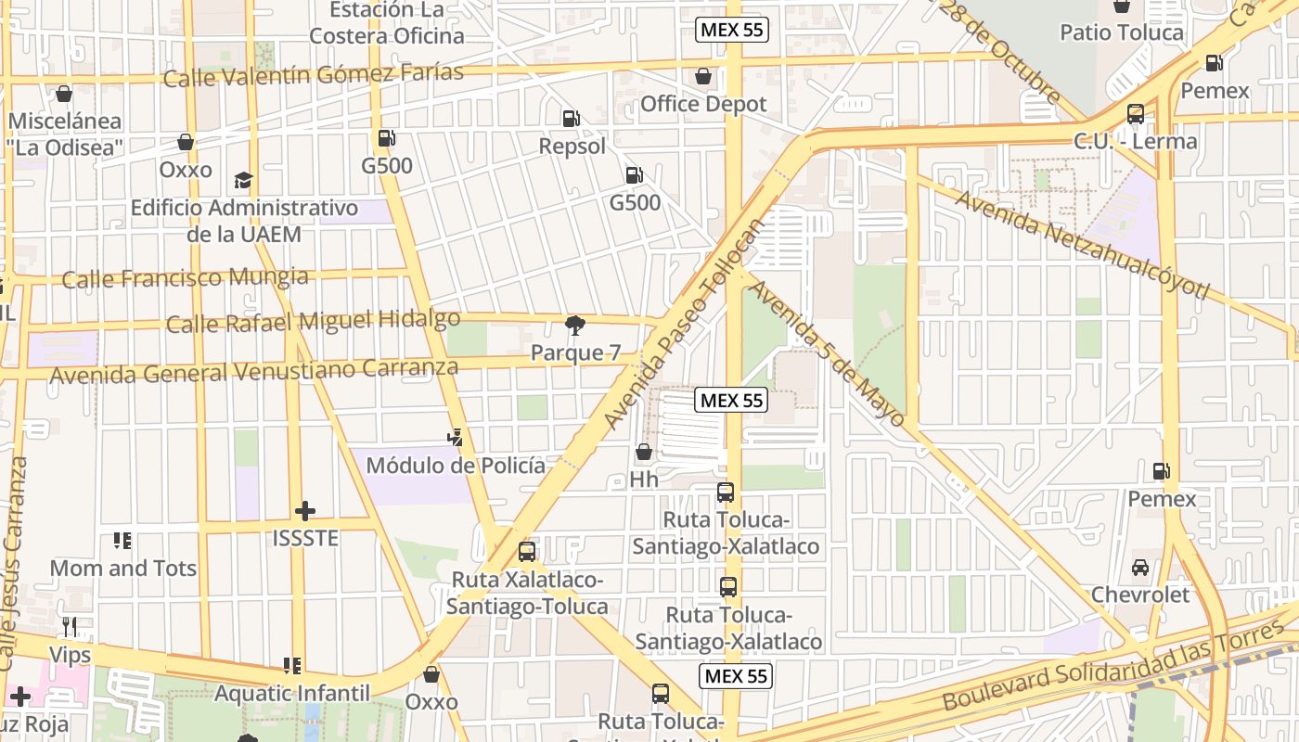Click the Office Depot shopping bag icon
pyautogui.click(x=703, y=75)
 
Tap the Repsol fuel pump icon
pyautogui.click(x=572, y=118)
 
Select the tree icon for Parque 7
pyautogui.click(x=575, y=325)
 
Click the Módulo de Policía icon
pyautogui.click(x=455, y=437)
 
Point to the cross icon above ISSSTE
pyautogui.click(x=305, y=511)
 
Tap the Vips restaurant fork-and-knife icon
pyautogui.click(x=70, y=628)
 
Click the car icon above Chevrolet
pyautogui.click(x=1140, y=567)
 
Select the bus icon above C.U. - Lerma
pyautogui.click(x=1136, y=114)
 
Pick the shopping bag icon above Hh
pyautogui.click(x=643, y=452)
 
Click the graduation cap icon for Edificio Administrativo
pyautogui.click(x=243, y=179)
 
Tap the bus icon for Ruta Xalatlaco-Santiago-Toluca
pyautogui.click(x=527, y=552)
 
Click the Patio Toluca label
pyautogui.click(x=1122, y=32)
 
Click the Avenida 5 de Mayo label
pyautogui.click(x=825, y=353)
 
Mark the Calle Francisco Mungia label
pyautogui.click(x=185, y=277)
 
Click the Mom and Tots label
pyautogui.click(x=122, y=568)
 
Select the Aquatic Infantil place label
pyautogui.click(x=292, y=693)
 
